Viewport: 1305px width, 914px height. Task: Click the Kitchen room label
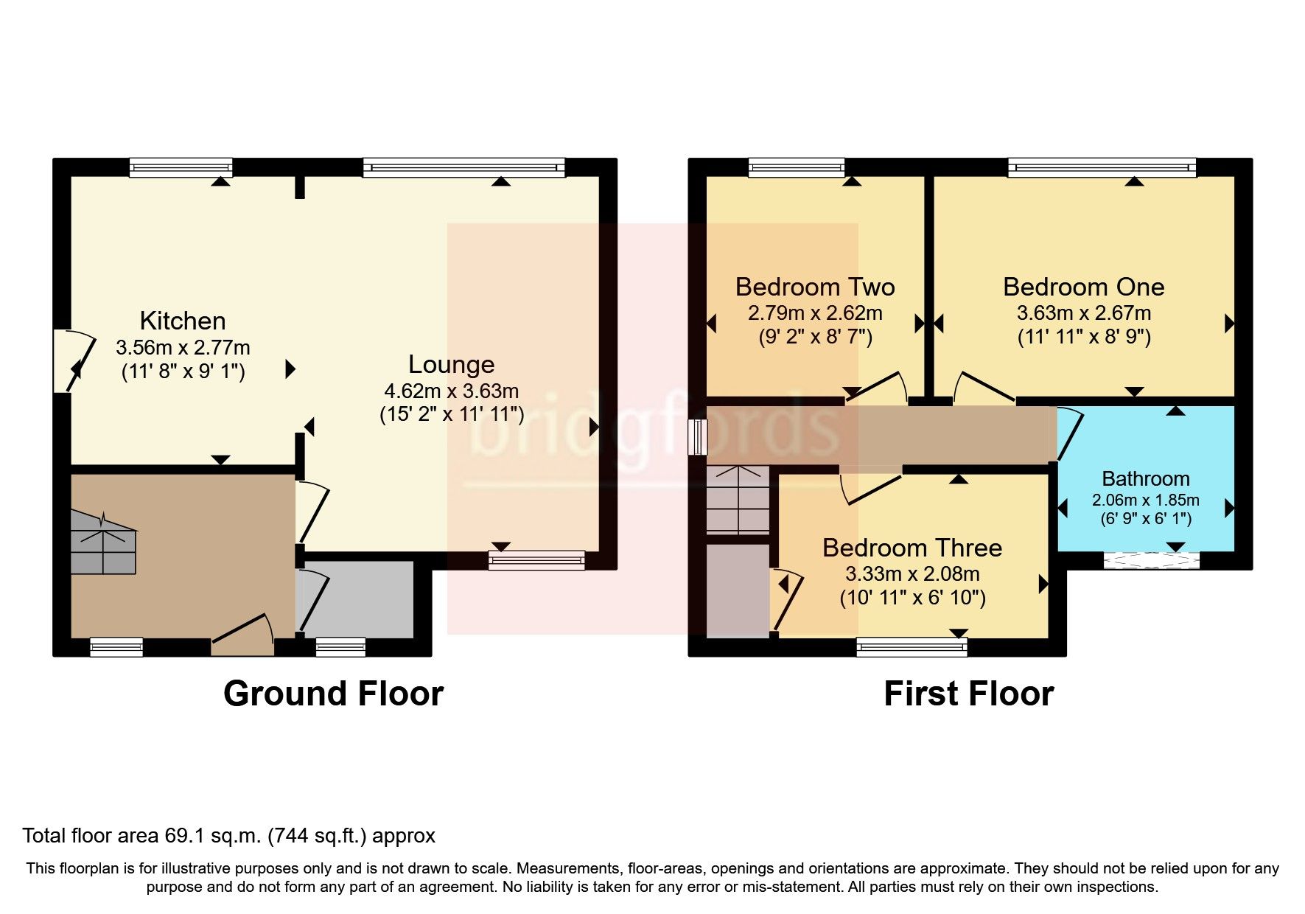pos(182,321)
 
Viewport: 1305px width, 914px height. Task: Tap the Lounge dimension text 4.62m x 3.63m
pos(451,391)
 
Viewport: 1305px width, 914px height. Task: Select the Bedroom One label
pos(1083,287)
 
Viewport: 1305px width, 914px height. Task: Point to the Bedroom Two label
pos(814,287)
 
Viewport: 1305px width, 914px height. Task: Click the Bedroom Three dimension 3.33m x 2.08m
pos(912,573)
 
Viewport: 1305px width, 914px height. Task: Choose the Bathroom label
pos(1145,478)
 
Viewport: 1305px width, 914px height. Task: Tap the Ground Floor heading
pos(333,694)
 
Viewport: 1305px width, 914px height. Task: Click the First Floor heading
pos(968,694)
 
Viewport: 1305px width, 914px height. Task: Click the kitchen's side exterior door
pos(74,361)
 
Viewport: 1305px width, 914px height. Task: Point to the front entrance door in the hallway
pos(243,634)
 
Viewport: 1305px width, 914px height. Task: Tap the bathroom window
pos(1151,561)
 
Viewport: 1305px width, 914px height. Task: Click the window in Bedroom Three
pos(912,648)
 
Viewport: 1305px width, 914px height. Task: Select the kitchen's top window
pos(181,168)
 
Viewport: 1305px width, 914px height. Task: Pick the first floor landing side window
pos(696,437)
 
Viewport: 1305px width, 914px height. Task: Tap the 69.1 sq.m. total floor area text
pos(228,836)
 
